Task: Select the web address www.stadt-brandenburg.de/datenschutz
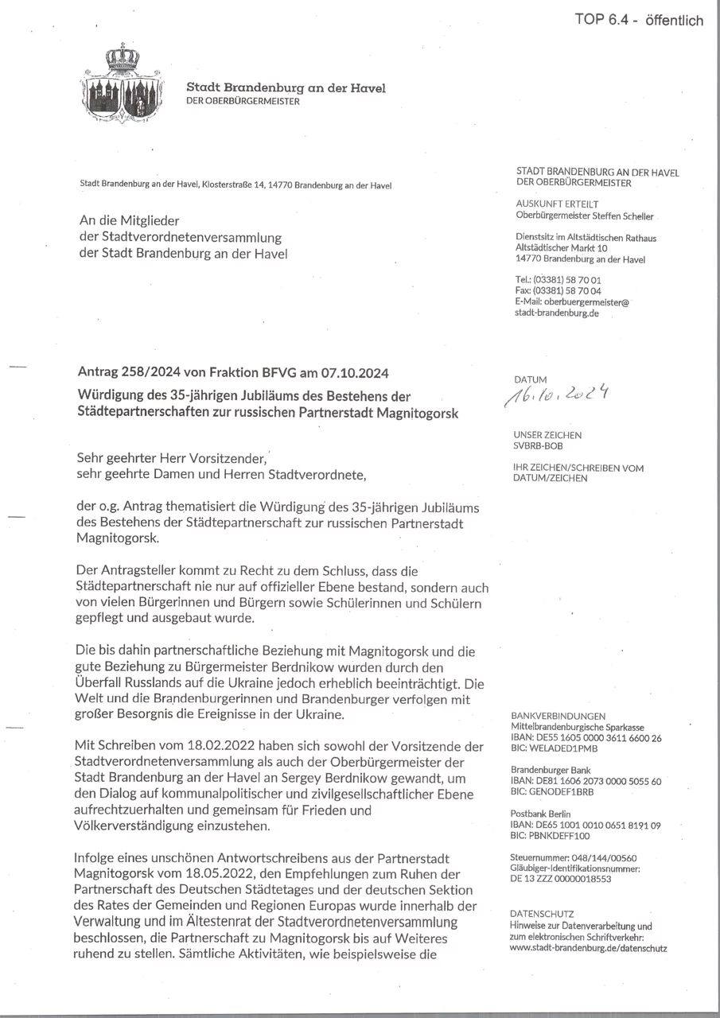click(x=588, y=948)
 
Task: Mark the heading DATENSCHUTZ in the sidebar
click(x=542, y=915)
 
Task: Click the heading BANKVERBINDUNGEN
click(x=558, y=716)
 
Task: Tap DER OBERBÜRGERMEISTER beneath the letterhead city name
click(x=243, y=101)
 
